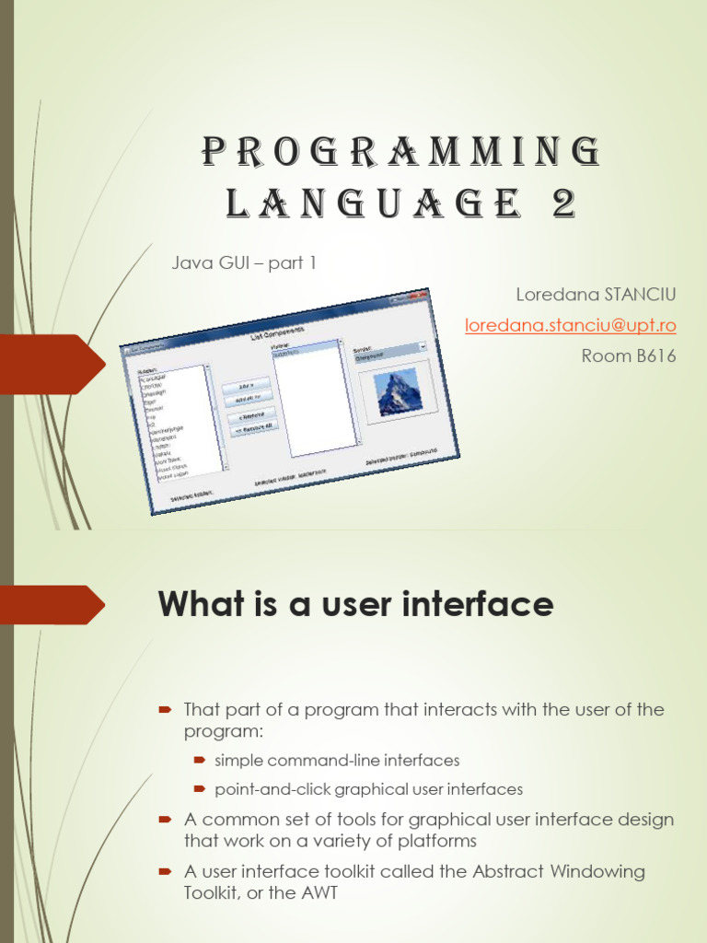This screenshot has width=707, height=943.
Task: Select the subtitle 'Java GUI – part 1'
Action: coord(244,263)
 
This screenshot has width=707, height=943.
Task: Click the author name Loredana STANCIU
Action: coord(596,295)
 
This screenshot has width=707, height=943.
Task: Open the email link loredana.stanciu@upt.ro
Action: coord(570,325)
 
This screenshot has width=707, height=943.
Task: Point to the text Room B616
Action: coord(628,355)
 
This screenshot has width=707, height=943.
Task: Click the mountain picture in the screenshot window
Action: coord(397,391)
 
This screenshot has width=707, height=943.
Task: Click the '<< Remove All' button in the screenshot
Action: coord(253,429)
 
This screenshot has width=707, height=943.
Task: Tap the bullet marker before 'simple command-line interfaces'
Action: coord(199,761)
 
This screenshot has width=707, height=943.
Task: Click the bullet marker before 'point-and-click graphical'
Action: coord(199,789)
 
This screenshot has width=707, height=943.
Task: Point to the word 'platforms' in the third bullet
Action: coord(434,840)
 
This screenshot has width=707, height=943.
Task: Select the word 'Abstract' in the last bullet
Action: coord(492,871)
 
